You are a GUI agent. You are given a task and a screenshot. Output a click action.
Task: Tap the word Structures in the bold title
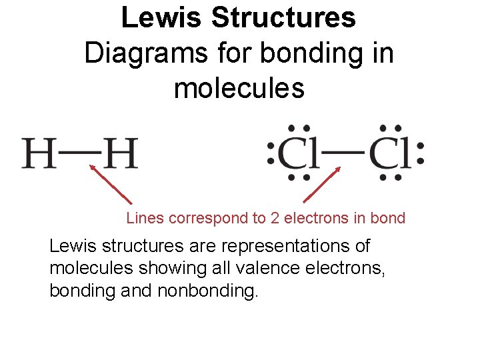tap(283, 18)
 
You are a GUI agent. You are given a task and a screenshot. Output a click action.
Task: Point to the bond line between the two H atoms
tap(79, 152)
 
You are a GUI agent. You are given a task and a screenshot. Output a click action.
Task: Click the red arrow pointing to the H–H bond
tap(111, 185)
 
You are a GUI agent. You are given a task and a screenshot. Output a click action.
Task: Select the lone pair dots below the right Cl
tap(391, 178)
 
